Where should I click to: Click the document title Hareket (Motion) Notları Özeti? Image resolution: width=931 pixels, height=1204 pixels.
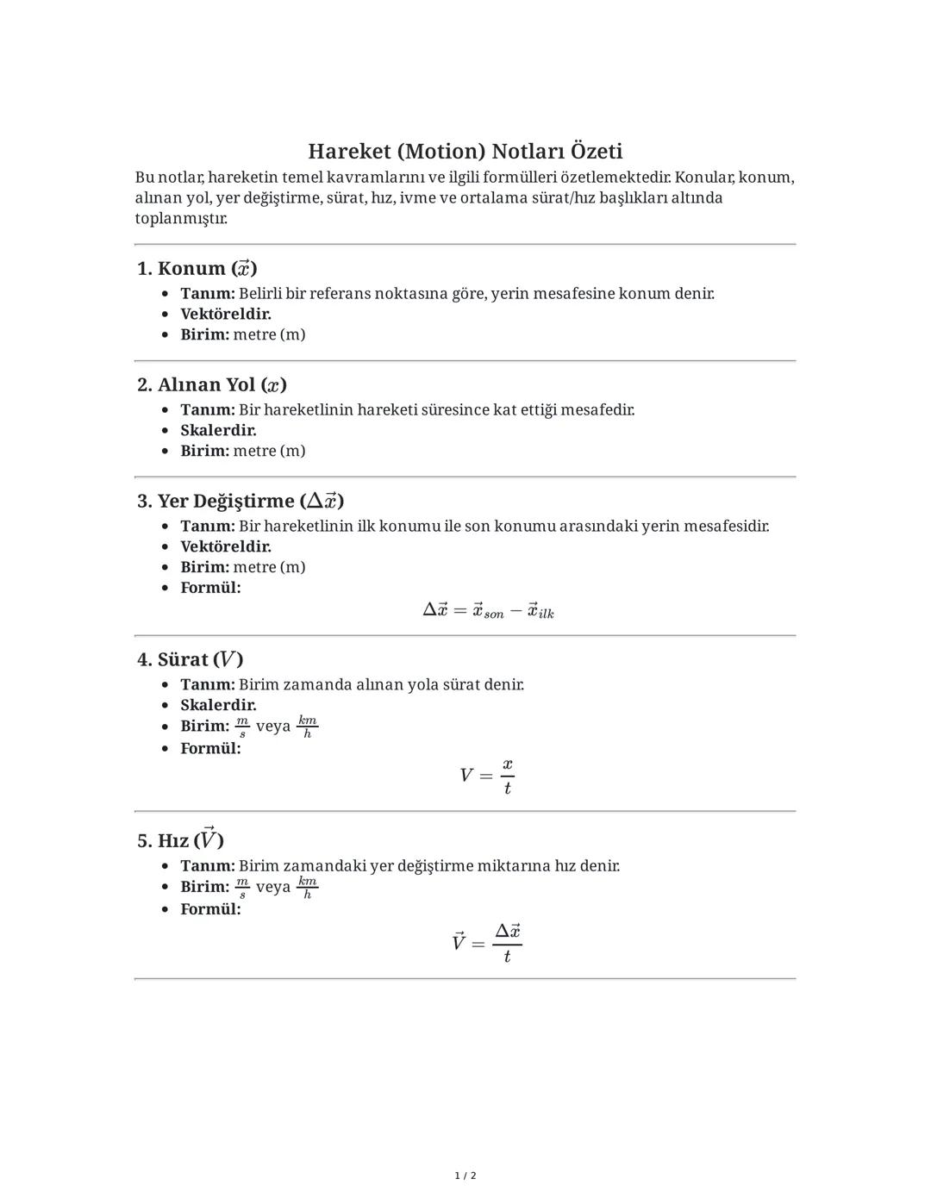(x=465, y=152)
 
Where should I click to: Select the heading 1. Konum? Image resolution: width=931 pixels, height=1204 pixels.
(x=197, y=268)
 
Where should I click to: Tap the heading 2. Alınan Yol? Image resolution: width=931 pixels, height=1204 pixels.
(x=212, y=384)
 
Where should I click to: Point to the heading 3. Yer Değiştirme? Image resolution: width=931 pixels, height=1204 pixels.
(x=241, y=501)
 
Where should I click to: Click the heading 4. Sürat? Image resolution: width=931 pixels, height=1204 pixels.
(x=191, y=659)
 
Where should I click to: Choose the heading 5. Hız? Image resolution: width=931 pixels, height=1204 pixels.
(x=180, y=839)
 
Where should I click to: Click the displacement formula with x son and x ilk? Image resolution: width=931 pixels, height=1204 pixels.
(x=488, y=611)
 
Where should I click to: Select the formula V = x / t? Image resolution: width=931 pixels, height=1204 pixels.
(x=487, y=776)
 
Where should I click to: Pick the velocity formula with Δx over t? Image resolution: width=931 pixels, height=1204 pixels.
(x=487, y=943)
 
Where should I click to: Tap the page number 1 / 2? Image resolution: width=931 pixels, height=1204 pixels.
(x=465, y=1176)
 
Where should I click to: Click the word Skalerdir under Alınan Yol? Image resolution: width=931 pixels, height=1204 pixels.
(x=218, y=430)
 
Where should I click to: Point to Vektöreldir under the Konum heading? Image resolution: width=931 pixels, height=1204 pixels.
(x=226, y=314)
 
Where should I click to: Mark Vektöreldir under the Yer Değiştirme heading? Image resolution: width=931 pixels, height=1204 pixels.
(x=226, y=546)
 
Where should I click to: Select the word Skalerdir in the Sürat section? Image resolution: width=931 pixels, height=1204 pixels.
(x=218, y=705)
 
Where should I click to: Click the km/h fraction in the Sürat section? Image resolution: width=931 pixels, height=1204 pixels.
(x=308, y=727)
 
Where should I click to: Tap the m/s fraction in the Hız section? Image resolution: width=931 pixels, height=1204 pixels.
(x=242, y=887)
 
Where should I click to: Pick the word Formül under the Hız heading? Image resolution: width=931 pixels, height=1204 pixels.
(x=210, y=909)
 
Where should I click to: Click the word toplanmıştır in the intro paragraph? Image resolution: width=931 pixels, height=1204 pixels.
(x=181, y=218)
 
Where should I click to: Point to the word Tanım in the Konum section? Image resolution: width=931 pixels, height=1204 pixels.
(x=207, y=293)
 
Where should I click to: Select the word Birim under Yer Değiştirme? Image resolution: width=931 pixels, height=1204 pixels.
(x=204, y=567)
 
